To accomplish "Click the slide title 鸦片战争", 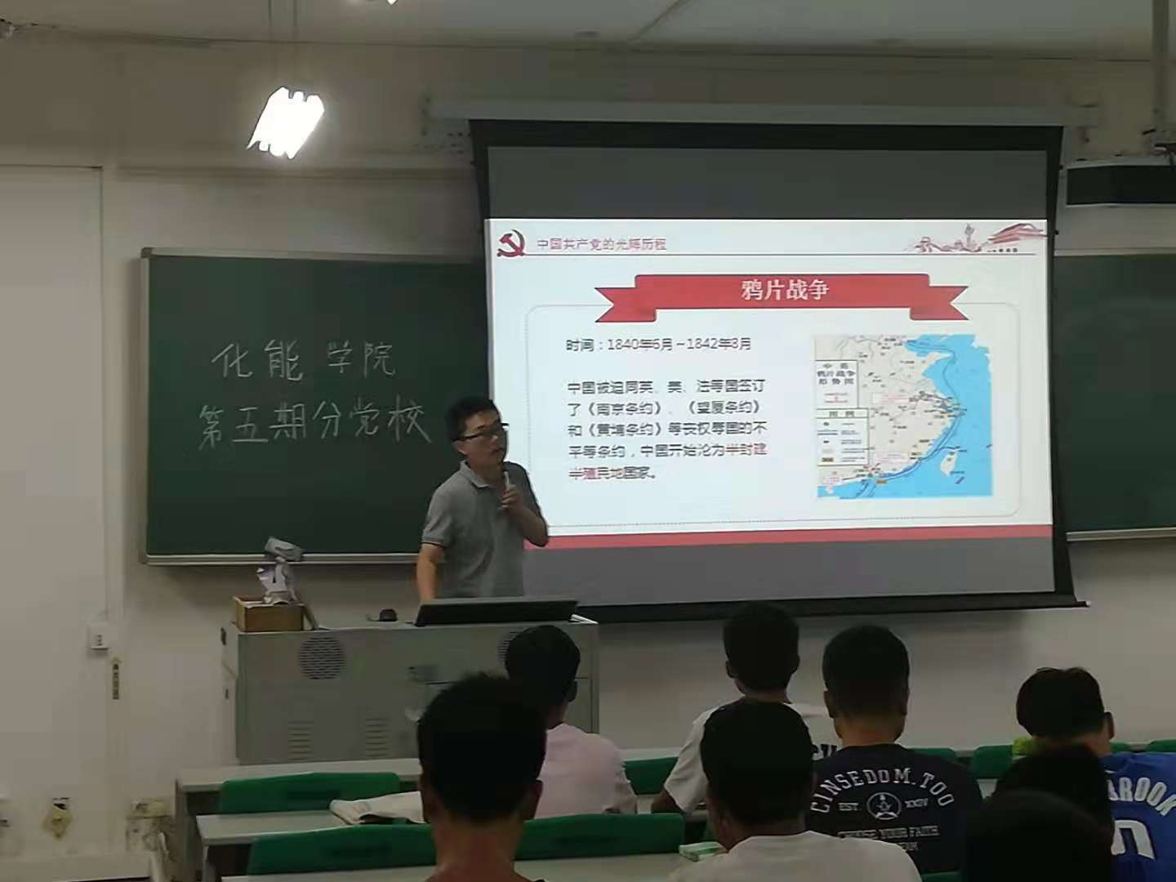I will point(784,290).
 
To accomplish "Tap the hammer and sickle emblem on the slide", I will point(512,243).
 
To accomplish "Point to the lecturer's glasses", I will point(483,434).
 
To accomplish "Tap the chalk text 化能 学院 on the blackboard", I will point(303,360).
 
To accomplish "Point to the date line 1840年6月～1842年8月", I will point(658,345).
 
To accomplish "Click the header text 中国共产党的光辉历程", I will point(601,243).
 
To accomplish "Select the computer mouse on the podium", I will point(385,613).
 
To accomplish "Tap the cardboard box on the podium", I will point(267,613).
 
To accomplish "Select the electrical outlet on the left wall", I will point(100,637).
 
